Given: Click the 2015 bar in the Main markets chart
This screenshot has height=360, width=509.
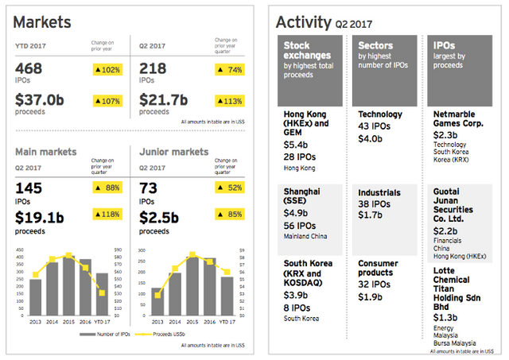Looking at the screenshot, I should (68, 286).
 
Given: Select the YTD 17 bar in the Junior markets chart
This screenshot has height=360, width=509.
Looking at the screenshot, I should (227, 298).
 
